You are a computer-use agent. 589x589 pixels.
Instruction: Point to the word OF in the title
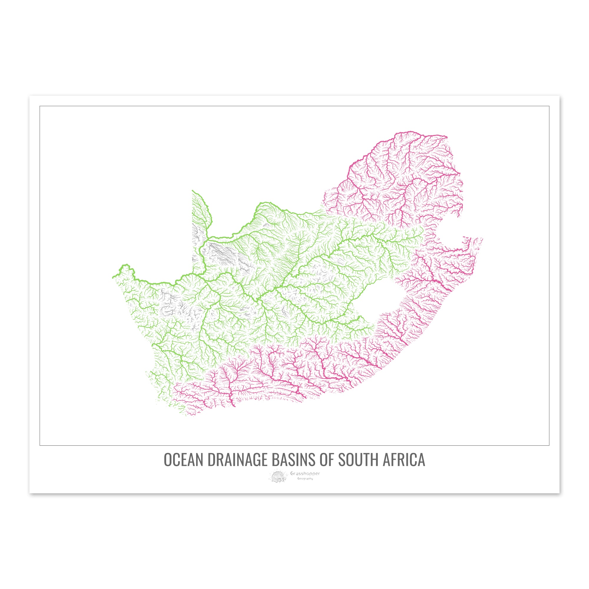(328, 459)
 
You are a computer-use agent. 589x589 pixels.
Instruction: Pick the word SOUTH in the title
(358, 459)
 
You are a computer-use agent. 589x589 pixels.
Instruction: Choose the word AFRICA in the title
(404, 459)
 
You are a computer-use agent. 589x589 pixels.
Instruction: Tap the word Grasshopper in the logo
(305, 474)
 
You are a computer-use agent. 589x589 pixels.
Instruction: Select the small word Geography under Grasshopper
(305, 479)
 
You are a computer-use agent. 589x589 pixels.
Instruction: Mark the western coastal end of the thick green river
(113, 277)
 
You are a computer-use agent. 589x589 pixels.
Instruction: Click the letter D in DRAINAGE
(211, 459)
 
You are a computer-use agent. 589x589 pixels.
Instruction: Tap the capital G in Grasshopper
(292, 474)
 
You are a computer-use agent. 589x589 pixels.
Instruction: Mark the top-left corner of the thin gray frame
(40, 106)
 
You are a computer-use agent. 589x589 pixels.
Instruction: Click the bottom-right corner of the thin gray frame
(549, 445)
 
